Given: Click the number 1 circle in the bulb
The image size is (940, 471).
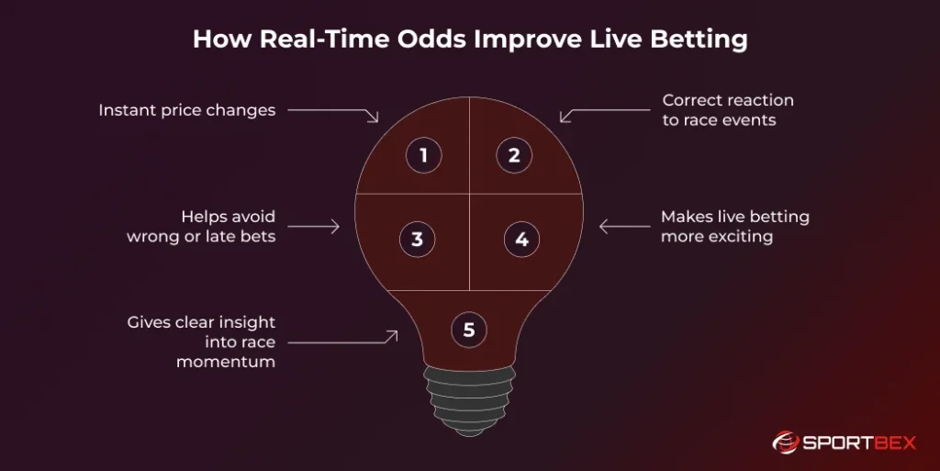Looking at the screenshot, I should [423, 155].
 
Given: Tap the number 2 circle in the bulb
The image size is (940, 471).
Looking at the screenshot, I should [514, 155].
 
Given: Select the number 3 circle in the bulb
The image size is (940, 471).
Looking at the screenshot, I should [417, 240].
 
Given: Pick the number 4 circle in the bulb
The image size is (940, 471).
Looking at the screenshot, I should [521, 240].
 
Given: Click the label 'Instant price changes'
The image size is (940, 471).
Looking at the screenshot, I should [187, 110].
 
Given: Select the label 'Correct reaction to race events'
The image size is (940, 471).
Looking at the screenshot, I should [728, 109].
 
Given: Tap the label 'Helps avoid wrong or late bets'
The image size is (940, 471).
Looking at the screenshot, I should [201, 226].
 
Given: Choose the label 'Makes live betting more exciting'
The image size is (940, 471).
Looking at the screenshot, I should [734, 226].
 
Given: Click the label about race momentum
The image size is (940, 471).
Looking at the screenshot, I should [201, 342].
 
